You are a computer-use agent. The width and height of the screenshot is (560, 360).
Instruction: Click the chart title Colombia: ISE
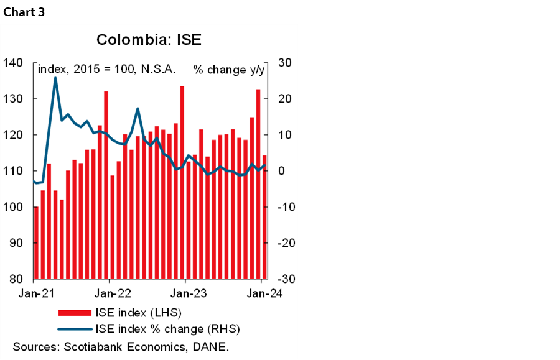click(149, 41)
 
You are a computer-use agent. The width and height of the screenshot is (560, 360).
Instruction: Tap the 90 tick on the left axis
click(16, 243)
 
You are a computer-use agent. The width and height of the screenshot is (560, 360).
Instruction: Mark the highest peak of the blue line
click(55, 78)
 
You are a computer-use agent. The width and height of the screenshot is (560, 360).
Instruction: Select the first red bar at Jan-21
click(36, 242)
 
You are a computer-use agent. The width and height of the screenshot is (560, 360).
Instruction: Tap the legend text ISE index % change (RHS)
click(167, 328)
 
